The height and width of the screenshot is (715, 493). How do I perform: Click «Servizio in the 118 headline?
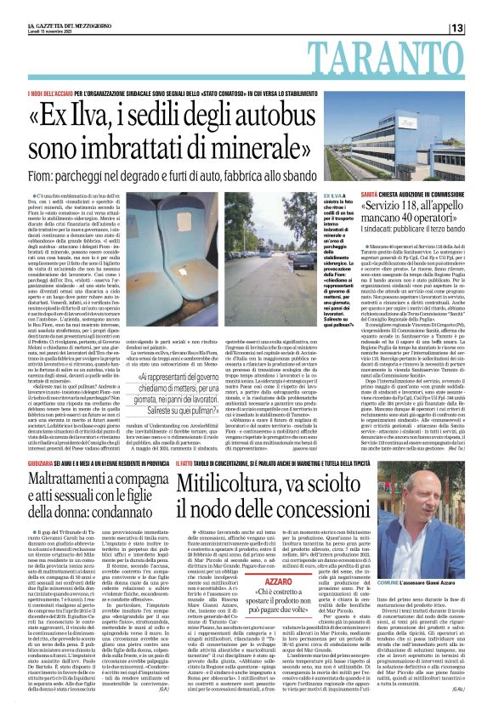coord(394,208)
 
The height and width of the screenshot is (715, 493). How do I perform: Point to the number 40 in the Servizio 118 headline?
coord(425,224)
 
